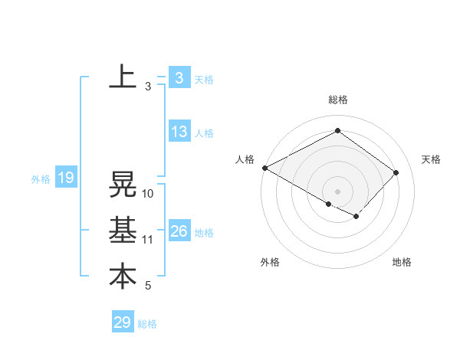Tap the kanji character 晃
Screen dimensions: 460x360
(x=123, y=185)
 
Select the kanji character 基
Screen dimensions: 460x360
(x=123, y=231)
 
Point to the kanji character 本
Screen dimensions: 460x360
(x=123, y=277)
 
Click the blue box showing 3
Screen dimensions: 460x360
(x=179, y=77)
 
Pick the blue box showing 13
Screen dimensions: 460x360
(x=179, y=132)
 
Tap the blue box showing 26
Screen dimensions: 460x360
(x=179, y=231)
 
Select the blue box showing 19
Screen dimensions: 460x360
(x=66, y=178)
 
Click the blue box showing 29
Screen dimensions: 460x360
(x=123, y=322)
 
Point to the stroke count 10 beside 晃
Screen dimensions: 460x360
(x=148, y=194)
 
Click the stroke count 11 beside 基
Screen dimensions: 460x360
(x=148, y=240)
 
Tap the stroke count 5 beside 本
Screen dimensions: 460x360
(x=148, y=286)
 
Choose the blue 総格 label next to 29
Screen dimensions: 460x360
(x=147, y=324)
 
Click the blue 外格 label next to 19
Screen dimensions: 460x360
(x=41, y=179)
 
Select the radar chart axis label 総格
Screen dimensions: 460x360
(x=337, y=100)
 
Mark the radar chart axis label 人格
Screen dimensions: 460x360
(x=245, y=159)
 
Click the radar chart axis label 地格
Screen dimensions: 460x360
(x=402, y=262)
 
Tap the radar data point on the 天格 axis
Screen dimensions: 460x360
(x=396, y=172)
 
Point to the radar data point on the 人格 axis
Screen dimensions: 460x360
(x=264, y=168)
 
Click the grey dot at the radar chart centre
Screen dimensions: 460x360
(x=337, y=191)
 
